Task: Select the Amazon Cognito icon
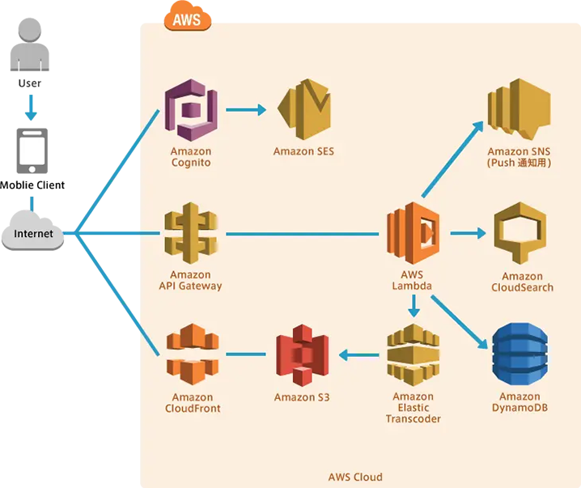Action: pyautogui.click(x=191, y=109)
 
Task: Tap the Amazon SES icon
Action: pyautogui.click(x=303, y=110)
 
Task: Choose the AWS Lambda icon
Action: pyautogui.click(x=413, y=235)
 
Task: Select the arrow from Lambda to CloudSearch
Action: pyautogui.click(x=468, y=234)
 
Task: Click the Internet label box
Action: pyautogui.click(x=33, y=234)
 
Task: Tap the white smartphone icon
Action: pyautogui.click(x=32, y=151)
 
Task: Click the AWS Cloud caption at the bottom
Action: pyautogui.click(x=355, y=477)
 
